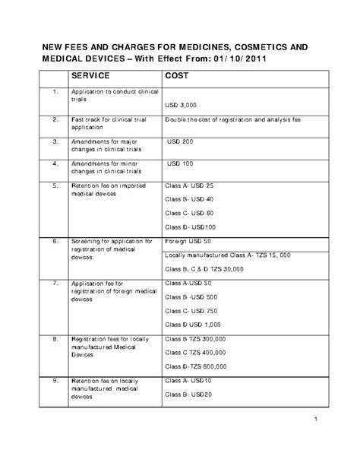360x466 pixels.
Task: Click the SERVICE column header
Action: [92, 76]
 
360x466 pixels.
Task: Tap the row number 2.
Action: [55, 120]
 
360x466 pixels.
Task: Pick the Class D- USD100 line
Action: [191, 227]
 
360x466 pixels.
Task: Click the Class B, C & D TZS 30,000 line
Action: [204, 268]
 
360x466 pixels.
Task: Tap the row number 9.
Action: [55, 380]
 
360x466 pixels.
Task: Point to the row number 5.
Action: [55, 185]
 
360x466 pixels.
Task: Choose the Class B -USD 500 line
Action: [191, 296]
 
